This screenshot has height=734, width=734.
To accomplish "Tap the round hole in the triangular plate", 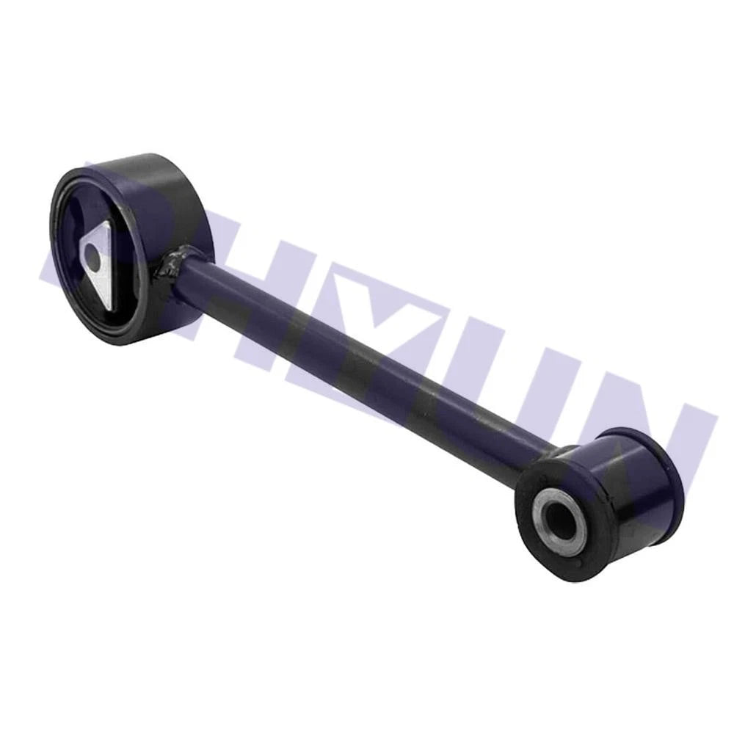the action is [92, 258].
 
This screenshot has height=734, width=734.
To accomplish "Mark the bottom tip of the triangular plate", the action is [109, 308].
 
